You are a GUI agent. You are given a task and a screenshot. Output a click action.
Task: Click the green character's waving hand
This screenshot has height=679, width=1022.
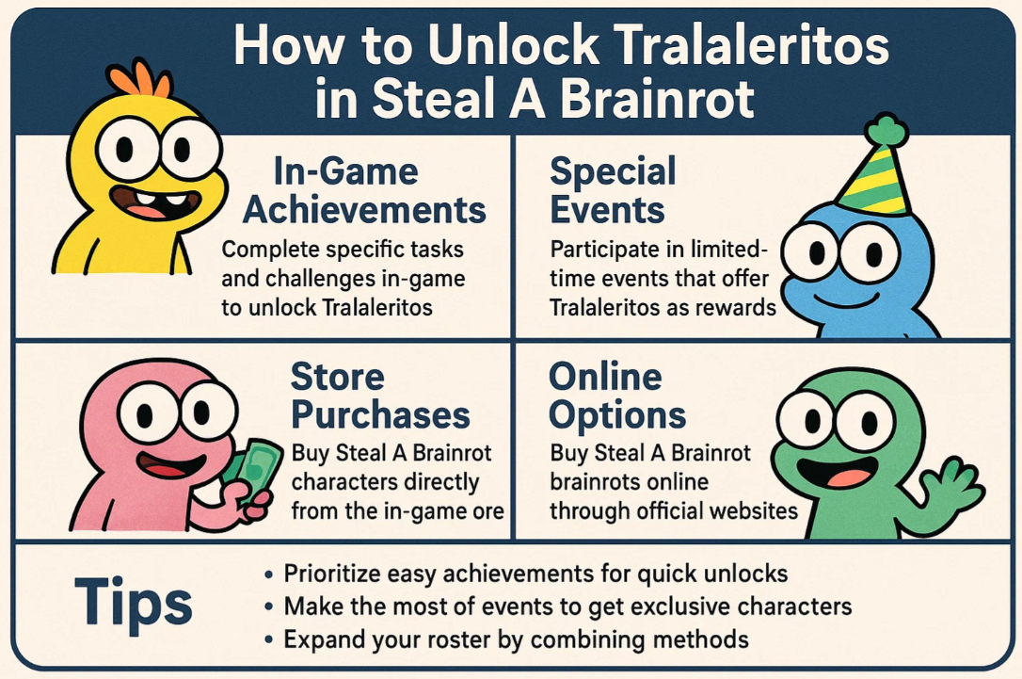coord(950,485)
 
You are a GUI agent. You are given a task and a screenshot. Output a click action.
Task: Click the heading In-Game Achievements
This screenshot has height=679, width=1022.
coord(364,190)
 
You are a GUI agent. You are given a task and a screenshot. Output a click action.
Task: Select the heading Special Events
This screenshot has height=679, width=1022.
coord(613,190)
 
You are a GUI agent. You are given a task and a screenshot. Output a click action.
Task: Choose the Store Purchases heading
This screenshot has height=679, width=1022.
coord(379,396)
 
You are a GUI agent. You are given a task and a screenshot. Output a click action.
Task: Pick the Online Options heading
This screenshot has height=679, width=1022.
coord(618,396)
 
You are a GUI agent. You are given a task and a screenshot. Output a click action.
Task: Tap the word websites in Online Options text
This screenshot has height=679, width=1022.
coord(747,511)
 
